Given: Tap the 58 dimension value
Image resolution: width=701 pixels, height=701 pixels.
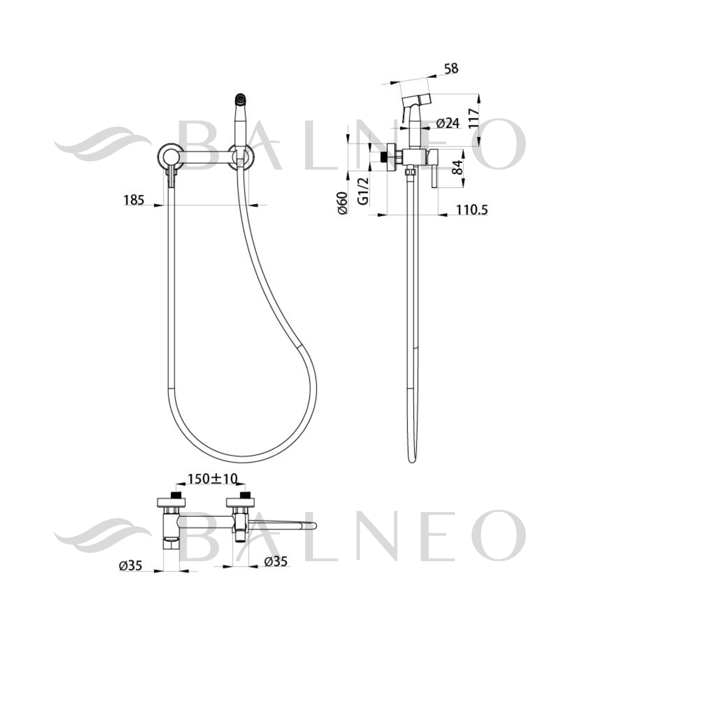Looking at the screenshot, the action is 451,68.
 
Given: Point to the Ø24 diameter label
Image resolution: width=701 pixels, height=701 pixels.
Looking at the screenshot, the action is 448,123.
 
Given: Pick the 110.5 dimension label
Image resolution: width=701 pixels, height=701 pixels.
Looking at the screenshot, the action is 472,210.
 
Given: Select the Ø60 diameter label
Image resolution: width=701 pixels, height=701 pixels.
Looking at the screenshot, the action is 343,203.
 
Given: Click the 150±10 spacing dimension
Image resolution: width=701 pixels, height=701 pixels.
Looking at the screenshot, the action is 212,479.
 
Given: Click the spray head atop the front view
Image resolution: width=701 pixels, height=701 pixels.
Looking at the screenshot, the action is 240,98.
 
